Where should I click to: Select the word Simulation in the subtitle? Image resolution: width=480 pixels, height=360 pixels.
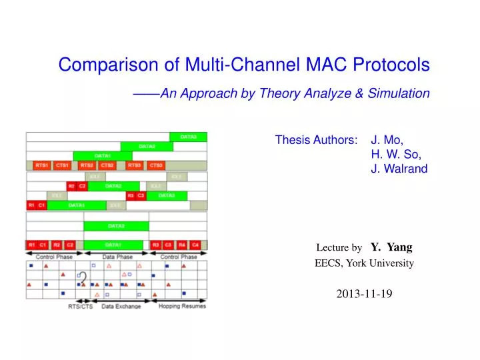(401, 93)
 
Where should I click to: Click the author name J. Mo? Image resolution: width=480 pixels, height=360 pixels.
(387, 140)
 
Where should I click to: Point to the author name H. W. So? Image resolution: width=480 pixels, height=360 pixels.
(396, 154)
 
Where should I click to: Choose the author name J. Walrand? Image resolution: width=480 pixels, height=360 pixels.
(399, 169)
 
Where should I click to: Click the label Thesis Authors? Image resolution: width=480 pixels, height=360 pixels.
(315, 140)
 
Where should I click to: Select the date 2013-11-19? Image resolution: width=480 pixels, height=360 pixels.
(364, 293)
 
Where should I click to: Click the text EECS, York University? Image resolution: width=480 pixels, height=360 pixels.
(364, 263)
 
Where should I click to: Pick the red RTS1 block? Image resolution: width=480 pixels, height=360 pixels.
(41, 165)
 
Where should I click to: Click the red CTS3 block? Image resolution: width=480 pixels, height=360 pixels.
(156, 165)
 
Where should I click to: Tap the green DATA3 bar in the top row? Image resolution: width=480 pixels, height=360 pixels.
(189, 137)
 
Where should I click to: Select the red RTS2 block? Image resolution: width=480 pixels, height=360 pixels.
(87, 165)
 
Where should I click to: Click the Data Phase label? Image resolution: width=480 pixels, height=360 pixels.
(117, 257)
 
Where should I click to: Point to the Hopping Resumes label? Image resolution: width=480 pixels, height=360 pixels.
(182, 306)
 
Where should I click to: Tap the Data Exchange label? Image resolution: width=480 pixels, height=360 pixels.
(121, 306)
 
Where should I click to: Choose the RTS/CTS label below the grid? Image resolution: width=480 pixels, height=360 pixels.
(81, 306)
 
